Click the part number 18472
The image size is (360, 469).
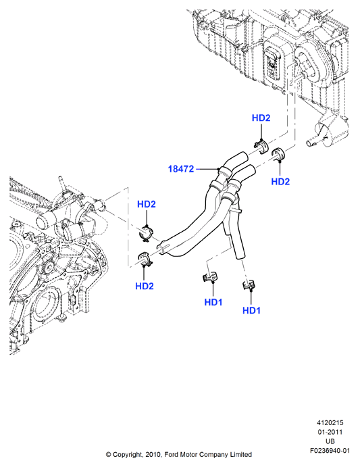pos(181,169)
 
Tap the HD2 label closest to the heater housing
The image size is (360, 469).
pos(261,118)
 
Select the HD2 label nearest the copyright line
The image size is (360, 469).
pos(145,287)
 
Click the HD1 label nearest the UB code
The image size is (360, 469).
pos(251,310)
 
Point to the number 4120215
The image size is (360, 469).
pos(330,423)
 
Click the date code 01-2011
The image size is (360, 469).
pos(330,433)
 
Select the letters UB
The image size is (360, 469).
pos(330,441)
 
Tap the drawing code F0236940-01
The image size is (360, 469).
pos(330,451)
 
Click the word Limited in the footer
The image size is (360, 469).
pos(240,455)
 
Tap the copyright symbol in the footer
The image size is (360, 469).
pos(109,455)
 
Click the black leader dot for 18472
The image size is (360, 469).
pos(219,170)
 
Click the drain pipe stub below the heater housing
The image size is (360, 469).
pos(311,142)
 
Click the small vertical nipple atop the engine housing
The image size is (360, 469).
pos(61,181)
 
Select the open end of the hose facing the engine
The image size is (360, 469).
pos(160,247)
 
